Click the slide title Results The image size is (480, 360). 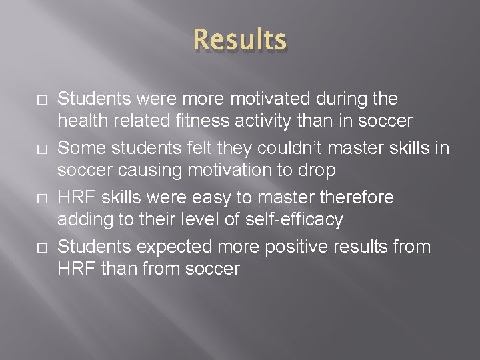pyautogui.click(x=239, y=40)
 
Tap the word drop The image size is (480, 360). pyautogui.click(x=319, y=170)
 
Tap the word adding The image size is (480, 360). pyautogui.click(x=80, y=219)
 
